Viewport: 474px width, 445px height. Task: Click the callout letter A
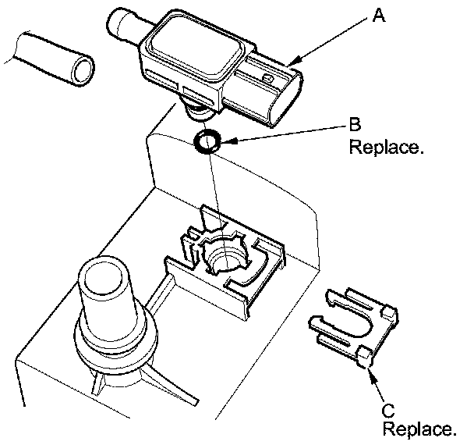(x=379, y=15)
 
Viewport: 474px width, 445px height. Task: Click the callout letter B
(x=355, y=124)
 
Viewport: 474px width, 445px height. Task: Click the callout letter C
(x=388, y=411)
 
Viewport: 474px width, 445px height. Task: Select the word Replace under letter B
(x=386, y=147)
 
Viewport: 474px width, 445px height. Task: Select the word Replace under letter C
(x=419, y=429)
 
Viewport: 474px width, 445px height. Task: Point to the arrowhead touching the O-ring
(x=228, y=141)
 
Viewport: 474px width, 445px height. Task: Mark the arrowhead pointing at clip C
(x=371, y=373)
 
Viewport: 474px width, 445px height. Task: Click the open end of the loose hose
(x=83, y=70)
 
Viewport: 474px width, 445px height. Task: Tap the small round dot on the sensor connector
(x=267, y=78)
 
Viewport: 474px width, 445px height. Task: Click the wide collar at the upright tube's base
(x=116, y=345)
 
